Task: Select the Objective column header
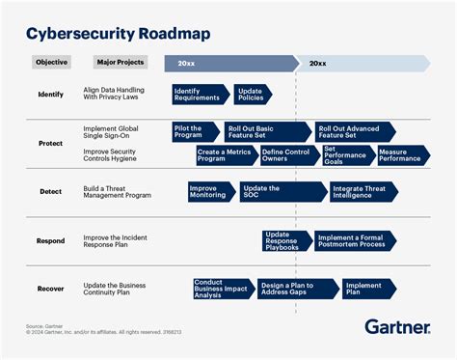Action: (x=52, y=63)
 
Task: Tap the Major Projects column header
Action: (x=121, y=63)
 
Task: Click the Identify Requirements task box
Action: (x=200, y=94)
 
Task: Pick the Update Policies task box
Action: (x=252, y=94)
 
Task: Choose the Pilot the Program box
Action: (x=195, y=132)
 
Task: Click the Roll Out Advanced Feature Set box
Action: (x=353, y=132)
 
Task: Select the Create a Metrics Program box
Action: (x=224, y=154)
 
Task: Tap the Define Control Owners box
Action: (x=286, y=154)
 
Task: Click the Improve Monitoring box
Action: (x=210, y=191)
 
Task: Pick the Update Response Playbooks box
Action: (x=286, y=240)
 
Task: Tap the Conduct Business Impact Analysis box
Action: (x=222, y=288)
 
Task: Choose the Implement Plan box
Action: (x=367, y=288)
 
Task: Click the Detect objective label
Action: (x=51, y=191)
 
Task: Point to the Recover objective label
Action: (x=51, y=288)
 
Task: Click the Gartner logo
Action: (x=397, y=326)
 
